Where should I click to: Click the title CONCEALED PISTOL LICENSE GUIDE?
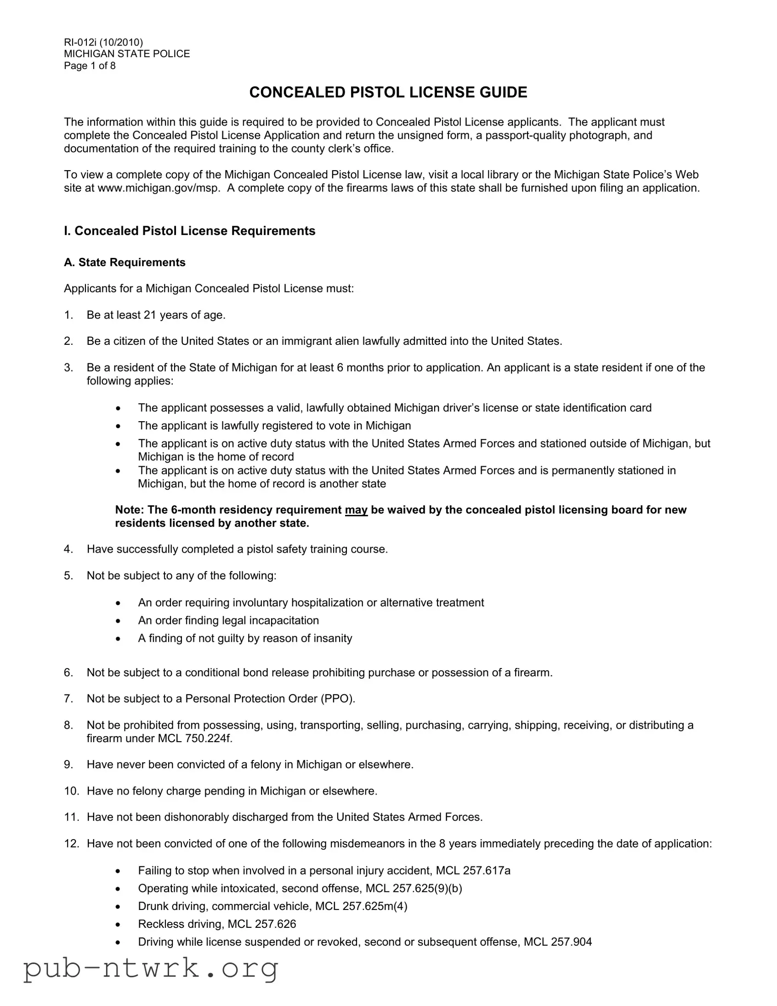click(388, 92)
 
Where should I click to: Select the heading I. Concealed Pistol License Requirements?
click(190, 231)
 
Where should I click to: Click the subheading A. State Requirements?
click(125, 263)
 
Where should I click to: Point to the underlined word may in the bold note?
click(356, 510)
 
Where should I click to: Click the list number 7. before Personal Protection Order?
click(68, 699)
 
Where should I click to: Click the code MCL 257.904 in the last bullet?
click(557, 942)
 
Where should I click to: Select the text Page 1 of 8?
click(90, 66)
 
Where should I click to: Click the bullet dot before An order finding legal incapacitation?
click(118, 621)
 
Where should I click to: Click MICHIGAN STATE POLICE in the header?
click(127, 54)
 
